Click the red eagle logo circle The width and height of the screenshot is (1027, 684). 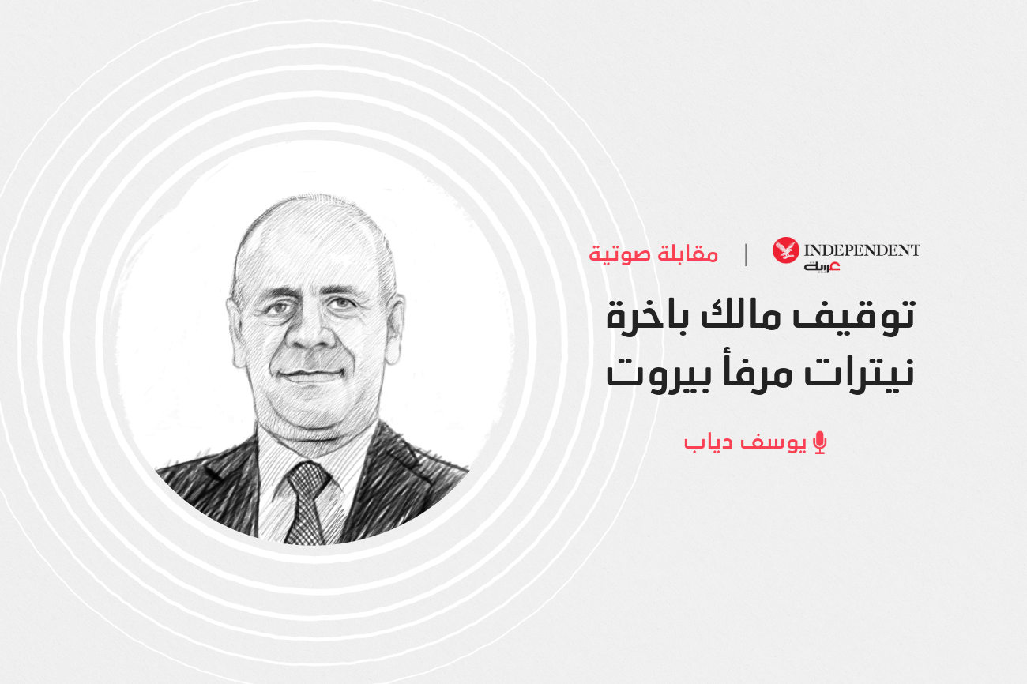[x=785, y=250]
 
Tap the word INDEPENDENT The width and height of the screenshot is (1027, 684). [x=862, y=250]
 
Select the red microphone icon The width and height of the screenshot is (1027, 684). [x=820, y=442]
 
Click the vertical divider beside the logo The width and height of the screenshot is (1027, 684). [x=746, y=255]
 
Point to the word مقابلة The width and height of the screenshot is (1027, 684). [x=689, y=254]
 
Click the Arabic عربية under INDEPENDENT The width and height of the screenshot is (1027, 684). [x=822, y=267]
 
